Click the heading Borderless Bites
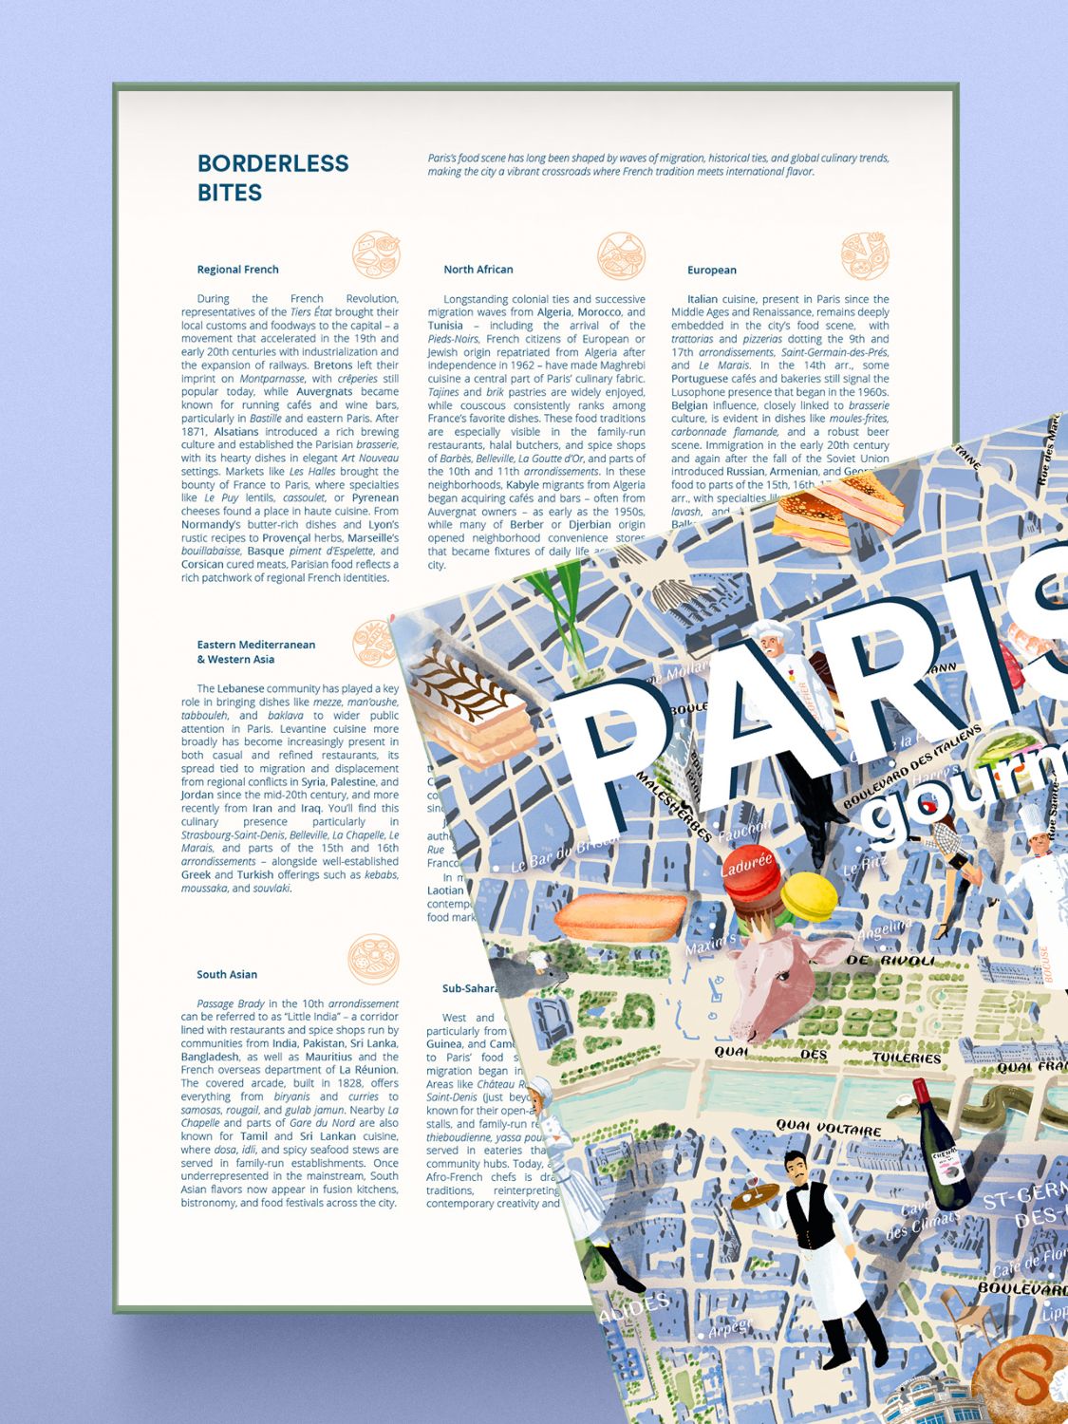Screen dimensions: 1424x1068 (x=272, y=178)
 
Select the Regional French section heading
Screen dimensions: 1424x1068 (x=237, y=270)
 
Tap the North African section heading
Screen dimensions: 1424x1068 (x=478, y=270)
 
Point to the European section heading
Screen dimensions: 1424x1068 (x=711, y=271)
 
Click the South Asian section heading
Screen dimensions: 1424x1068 (x=227, y=974)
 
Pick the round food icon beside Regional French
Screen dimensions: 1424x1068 (x=376, y=254)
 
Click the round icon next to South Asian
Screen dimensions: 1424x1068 (x=373, y=959)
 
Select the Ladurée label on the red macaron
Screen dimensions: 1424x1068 (x=747, y=867)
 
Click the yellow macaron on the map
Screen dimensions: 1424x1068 (x=808, y=897)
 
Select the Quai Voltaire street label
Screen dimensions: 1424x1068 (x=828, y=1128)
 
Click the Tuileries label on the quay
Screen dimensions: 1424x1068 (x=906, y=1057)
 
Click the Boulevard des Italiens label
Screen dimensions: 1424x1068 (x=911, y=767)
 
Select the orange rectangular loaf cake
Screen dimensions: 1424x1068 (x=621, y=916)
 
